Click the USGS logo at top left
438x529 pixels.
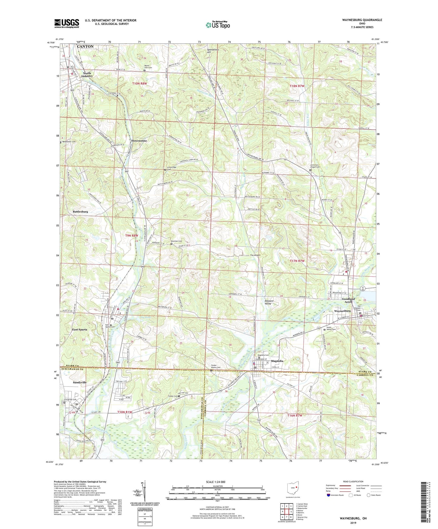tap(67, 23)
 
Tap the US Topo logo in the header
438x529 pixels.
tap(217, 25)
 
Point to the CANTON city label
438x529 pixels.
tap(85, 47)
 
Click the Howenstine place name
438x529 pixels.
tap(139, 141)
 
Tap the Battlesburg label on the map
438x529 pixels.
tap(80, 211)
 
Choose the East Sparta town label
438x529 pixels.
tap(79, 329)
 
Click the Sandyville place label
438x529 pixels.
tap(80, 382)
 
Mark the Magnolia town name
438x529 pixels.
tap(277, 361)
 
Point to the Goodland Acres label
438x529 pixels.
tap(348, 301)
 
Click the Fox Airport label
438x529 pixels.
tap(255, 255)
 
